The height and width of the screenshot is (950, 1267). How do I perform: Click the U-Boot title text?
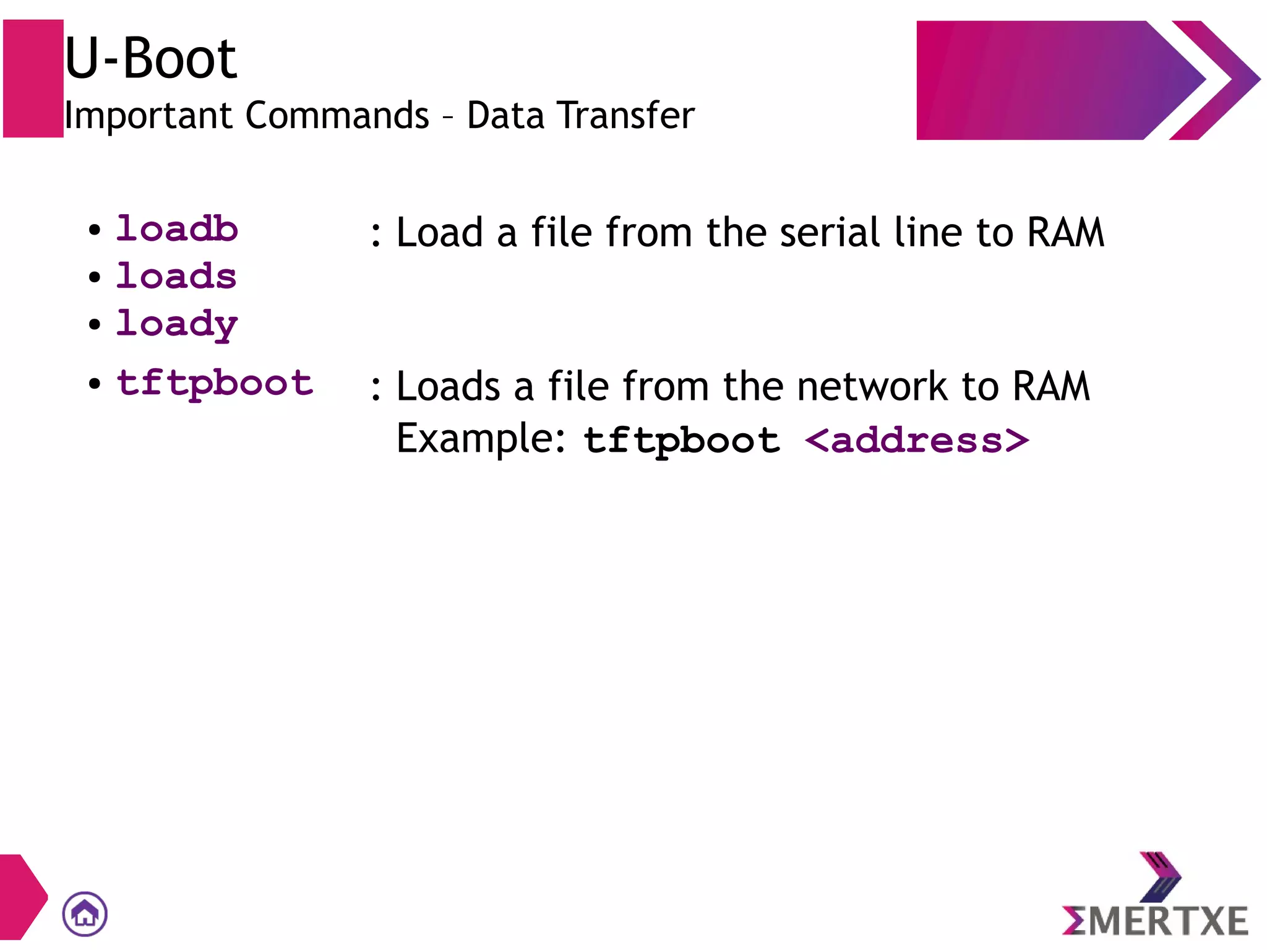click(x=150, y=59)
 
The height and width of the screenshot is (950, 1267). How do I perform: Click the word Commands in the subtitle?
click(x=337, y=116)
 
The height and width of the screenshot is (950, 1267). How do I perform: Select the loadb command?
click(x=177, y=229)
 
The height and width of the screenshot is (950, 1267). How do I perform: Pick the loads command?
click(x=176, y=276)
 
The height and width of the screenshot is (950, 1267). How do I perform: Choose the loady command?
click(x=177, y=324)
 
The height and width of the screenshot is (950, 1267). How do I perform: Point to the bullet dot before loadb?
click(x=94, y=230)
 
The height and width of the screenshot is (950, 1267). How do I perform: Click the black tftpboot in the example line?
click(x=682, y=441)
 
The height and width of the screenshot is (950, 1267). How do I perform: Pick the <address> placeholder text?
click(x=917, y=441)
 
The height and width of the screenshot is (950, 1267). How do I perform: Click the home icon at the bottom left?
click(x=85, y=913)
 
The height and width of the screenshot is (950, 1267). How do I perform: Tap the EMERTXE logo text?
click(x=1155, y=920)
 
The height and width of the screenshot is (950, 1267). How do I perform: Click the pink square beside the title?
click(x=33, y=79)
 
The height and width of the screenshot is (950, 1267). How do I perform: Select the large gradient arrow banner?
click(x=1052, y=80)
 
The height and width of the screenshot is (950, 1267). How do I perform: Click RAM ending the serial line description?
click(x=1065, y=233)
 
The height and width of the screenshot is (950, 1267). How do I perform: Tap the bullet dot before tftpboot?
click(x=94, y=384)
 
